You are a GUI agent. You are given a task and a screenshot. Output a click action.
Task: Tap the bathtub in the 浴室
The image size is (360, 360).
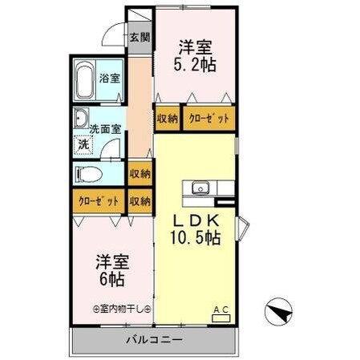85,80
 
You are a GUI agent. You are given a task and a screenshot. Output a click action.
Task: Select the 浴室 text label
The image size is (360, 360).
110,79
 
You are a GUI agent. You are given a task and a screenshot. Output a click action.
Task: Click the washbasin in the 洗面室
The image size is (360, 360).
81,120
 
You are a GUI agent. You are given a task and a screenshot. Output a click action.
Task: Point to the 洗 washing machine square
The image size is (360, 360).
83,145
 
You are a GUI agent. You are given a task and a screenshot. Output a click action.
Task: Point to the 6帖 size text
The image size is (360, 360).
111,280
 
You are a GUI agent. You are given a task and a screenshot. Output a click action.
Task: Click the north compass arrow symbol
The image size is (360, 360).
277,309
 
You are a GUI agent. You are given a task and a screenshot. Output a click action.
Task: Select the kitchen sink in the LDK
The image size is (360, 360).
200,188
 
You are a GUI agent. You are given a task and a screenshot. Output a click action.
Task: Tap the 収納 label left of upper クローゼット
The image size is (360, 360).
167,119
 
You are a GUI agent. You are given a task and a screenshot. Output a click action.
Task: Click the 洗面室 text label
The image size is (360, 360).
105,128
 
